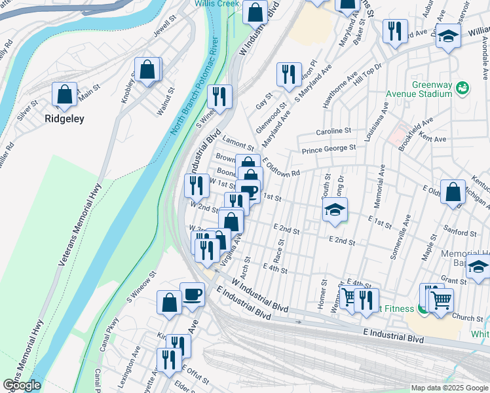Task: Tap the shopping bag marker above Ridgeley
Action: [x=64, y=95]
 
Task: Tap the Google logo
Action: [x=22, y=385]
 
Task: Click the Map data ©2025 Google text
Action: [x=449, y=388]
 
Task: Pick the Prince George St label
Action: [x=328, y=150]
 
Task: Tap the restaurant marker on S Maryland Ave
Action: [x=288, y=75]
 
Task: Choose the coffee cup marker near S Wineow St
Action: [x=192, y=294]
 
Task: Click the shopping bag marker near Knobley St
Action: [x=148, y=70]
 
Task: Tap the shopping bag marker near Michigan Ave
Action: [x=453, y=193]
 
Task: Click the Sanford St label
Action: [x=459, y=233]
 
